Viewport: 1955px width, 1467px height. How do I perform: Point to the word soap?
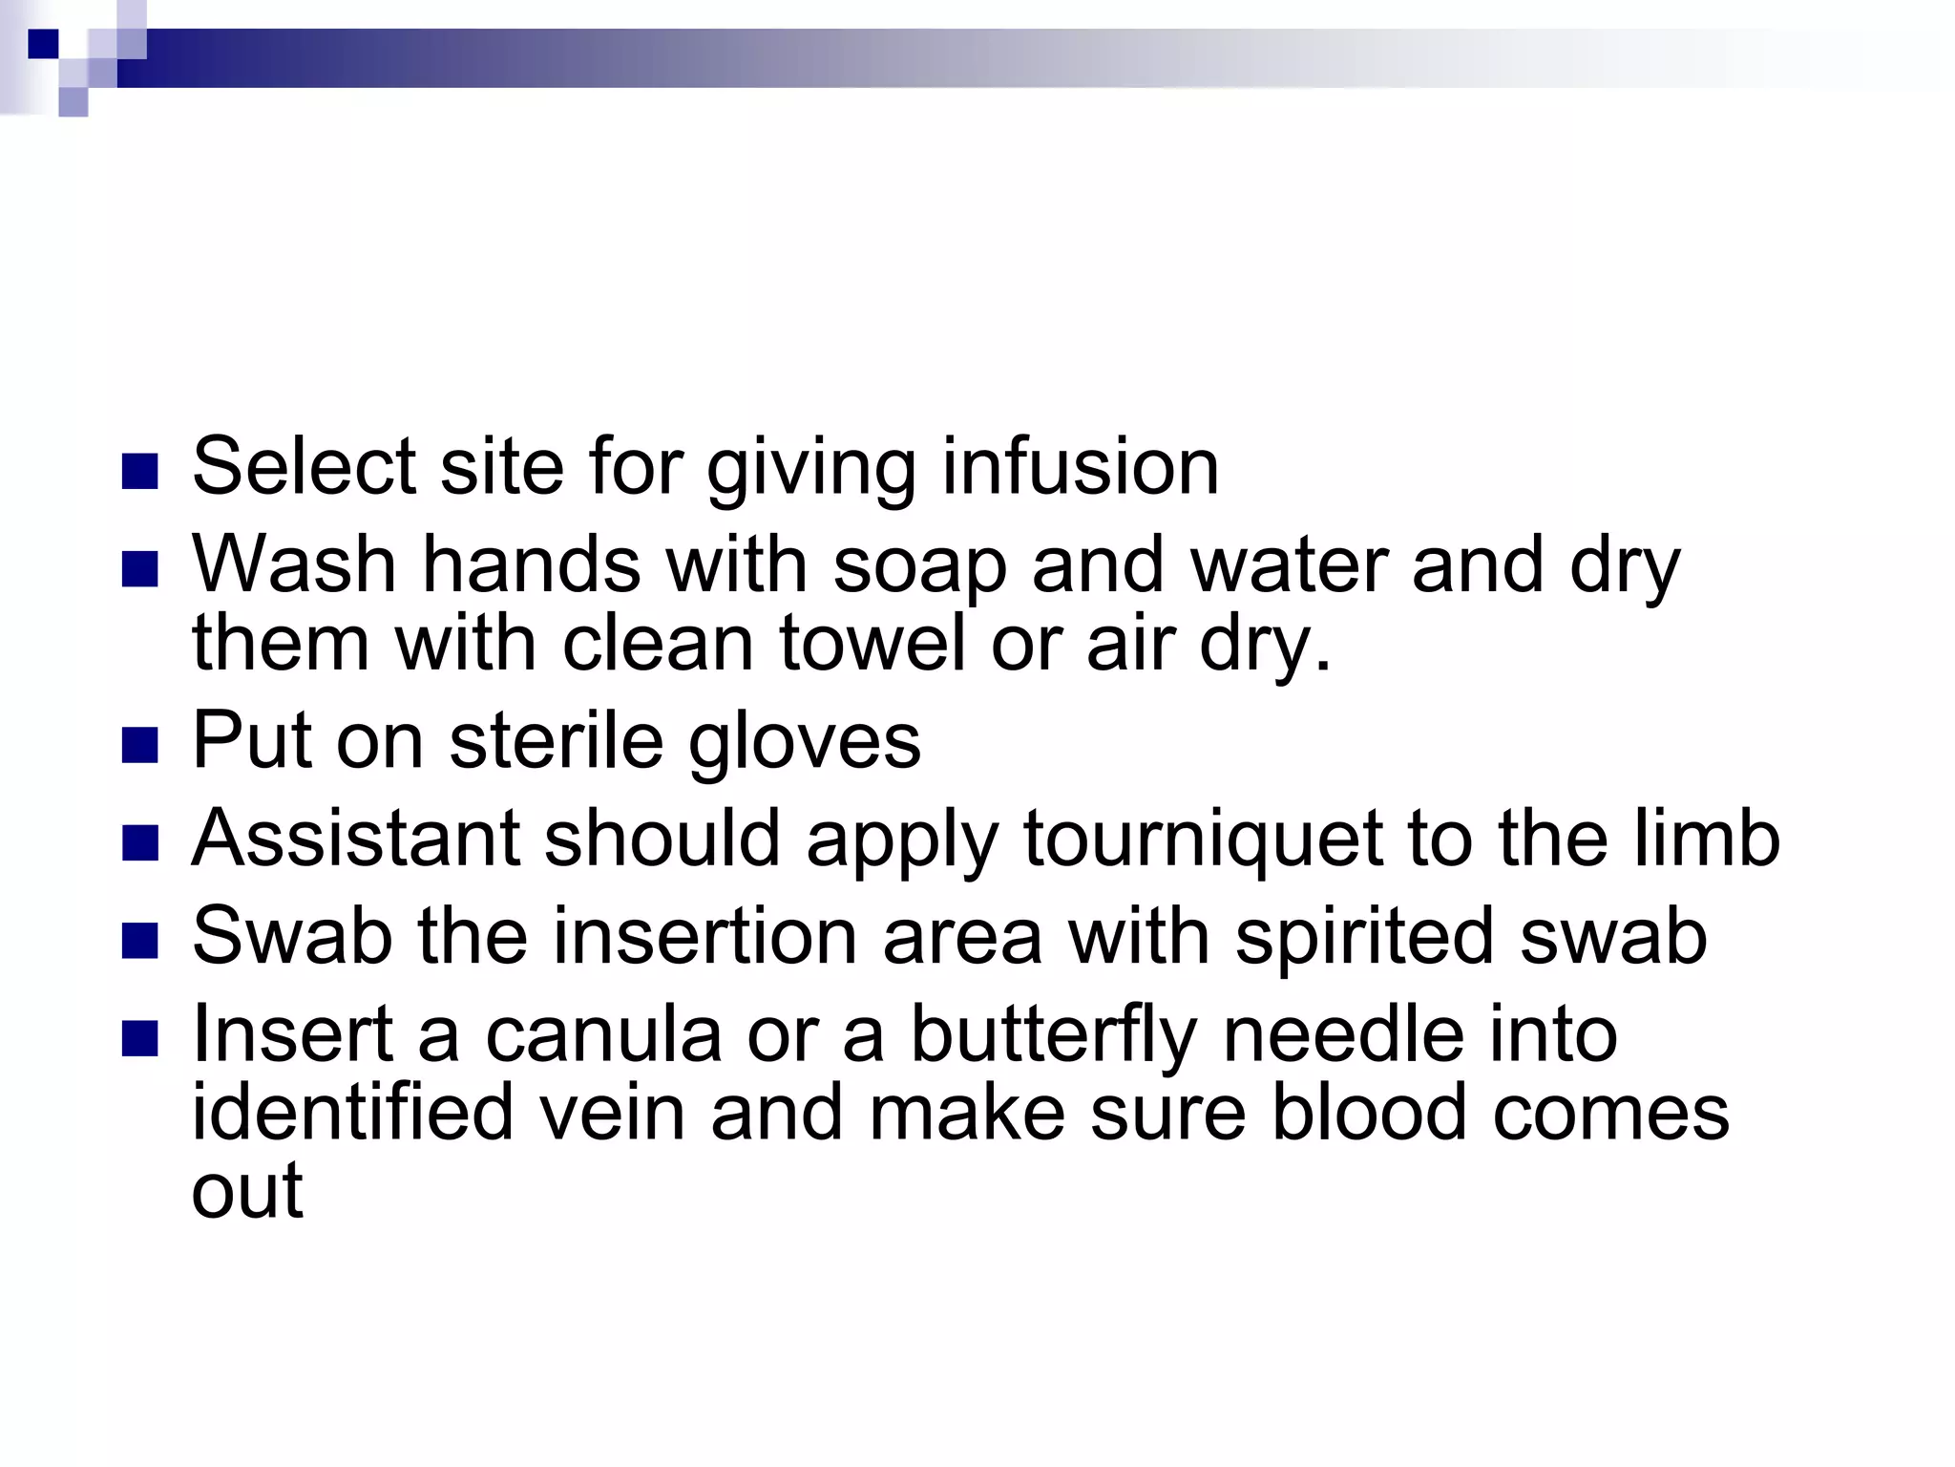click(x=919, y=565)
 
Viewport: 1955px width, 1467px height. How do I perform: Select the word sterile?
click(x=556, y=740)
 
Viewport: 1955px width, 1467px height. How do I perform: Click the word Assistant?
click(x=356, y=839)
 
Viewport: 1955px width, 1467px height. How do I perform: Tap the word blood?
click(x=1369, y=1113)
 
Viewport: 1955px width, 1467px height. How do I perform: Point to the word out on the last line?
click(x=247, y=1192)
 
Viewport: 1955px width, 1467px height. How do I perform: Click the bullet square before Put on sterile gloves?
click(x=140, y=745)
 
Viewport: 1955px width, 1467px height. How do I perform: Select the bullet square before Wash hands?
click(x=140, y=569)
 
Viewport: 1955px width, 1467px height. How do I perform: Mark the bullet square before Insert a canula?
click(x=140, y=1039)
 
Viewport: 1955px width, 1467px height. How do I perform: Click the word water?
click(x=1287, y=565)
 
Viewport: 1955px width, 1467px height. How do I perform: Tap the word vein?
click(x=614, y=1113)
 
